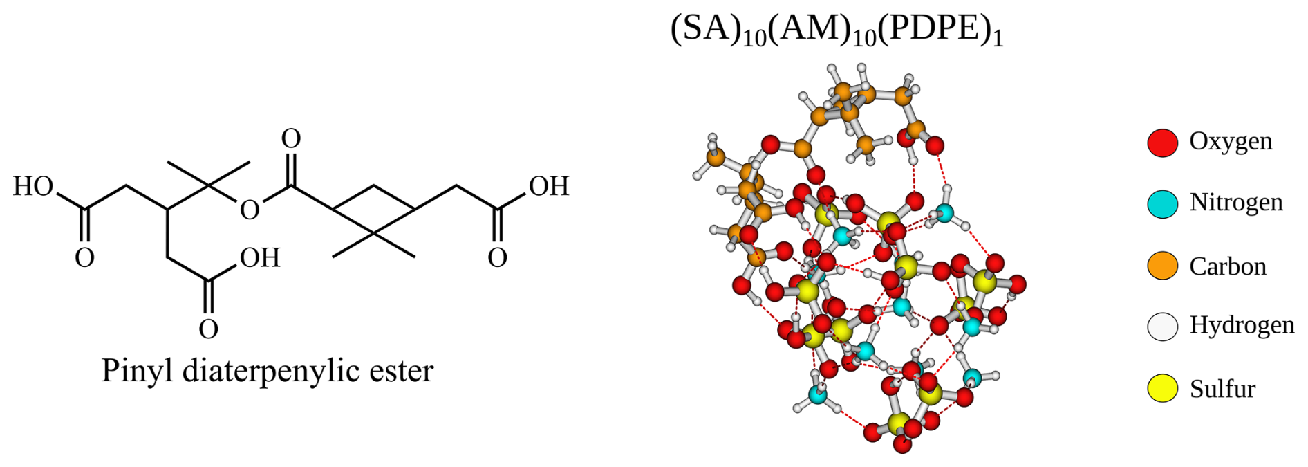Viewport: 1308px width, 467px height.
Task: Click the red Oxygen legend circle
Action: (1162, 143)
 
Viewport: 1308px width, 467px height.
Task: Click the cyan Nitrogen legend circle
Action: (1162, 204)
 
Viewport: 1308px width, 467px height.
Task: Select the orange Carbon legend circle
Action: (1162, 266)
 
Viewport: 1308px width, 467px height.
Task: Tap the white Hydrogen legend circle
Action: (1162, 327)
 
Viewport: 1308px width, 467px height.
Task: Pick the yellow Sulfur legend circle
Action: (1162, 388)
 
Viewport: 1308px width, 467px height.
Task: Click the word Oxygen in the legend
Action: (1231, 141)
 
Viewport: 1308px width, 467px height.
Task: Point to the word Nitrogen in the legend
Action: (1236, 202)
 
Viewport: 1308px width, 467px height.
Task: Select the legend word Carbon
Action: (1228, 266)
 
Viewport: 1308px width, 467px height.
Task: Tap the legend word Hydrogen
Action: (1242, 324)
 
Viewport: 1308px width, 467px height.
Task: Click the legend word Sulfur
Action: (1222, 389)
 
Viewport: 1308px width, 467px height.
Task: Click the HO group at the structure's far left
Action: (33, 186)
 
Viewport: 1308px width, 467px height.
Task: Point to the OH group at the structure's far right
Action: (549, 186)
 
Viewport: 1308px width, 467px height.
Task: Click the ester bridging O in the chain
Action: (250, 210)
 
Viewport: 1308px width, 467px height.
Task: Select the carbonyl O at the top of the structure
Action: (291, 139)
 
